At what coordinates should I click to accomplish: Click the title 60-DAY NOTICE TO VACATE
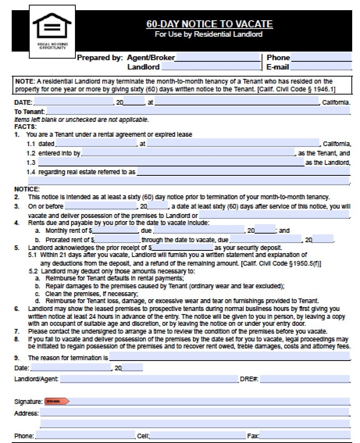[209, 24]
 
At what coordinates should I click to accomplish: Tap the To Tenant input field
[198, 111]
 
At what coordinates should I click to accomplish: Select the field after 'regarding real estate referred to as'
[242, 171]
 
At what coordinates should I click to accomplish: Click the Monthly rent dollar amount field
[116, 231]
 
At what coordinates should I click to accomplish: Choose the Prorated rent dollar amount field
[117, 239]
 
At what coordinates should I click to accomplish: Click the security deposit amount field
[182, 248]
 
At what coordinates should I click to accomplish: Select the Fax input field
[305, 436]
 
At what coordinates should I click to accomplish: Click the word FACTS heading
[25, 127]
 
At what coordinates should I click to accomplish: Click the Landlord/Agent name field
[149, 379]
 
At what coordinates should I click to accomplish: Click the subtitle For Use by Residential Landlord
[209, 34]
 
